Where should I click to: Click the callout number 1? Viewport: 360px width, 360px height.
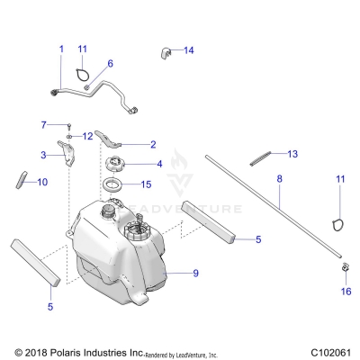[x=61, y=48]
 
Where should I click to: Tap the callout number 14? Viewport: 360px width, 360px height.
[x=189, y=50]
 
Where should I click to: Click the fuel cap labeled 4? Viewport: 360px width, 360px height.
[x=117, y=164]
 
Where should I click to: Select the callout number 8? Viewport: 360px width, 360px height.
[x=279, y=180]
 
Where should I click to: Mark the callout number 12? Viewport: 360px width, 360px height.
[x=87, y=135]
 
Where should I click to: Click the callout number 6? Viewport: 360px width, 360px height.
[x=110, y=63]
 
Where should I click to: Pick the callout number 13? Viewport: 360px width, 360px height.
[x=292, y=154]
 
